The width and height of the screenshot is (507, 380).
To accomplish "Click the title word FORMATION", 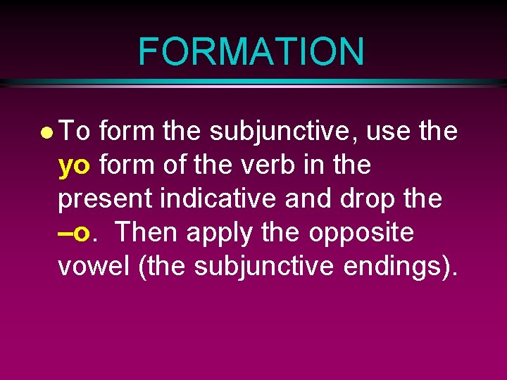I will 251,51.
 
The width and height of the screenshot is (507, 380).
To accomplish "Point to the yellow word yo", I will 74,166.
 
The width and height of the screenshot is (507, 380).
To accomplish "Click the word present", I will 106,200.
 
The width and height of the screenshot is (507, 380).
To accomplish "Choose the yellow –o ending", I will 74,232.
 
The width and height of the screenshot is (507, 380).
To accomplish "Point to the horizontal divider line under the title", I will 254,83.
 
